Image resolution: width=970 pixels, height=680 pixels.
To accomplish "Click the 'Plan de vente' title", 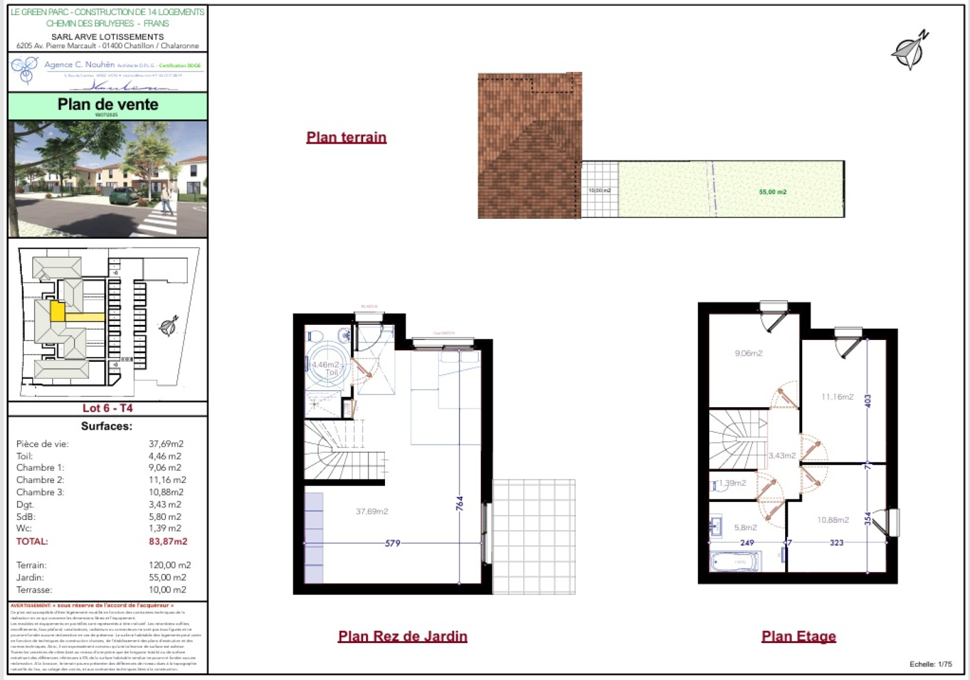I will point(108,104).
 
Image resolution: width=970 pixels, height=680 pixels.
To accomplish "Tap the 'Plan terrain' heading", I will point(346,138).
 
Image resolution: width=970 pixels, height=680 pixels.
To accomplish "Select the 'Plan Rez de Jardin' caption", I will point(403,636).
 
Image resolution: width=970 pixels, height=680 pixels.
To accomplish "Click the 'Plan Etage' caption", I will point(798,636).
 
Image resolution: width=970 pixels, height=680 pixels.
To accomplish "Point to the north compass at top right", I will point(909,51).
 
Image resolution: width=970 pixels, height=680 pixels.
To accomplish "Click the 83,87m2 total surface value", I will point(168,541).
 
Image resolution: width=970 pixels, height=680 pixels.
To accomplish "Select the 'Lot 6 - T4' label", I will point(107,408).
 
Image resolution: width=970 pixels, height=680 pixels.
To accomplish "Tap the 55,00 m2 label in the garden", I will point(772,192).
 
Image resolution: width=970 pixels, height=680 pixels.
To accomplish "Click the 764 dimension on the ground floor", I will point(460,503).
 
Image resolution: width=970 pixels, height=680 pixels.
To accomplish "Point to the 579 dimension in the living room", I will point(392,544).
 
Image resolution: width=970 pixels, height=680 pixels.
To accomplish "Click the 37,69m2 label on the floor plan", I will point(372,512).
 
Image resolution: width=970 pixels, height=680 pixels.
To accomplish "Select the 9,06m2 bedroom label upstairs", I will point(749,353).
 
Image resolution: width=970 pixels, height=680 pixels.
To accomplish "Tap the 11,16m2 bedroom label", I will point(837,397).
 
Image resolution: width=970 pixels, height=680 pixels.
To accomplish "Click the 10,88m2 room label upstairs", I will point(833,520).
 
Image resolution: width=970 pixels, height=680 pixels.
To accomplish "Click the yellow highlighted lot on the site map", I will point(58,312).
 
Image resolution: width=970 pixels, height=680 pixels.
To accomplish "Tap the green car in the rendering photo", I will point(124,196).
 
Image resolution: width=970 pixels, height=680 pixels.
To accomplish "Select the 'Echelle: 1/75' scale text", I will point(931,664).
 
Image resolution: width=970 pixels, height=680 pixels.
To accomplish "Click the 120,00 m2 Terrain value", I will point(170,565).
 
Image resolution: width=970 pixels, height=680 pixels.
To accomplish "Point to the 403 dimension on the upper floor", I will point(868,401).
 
